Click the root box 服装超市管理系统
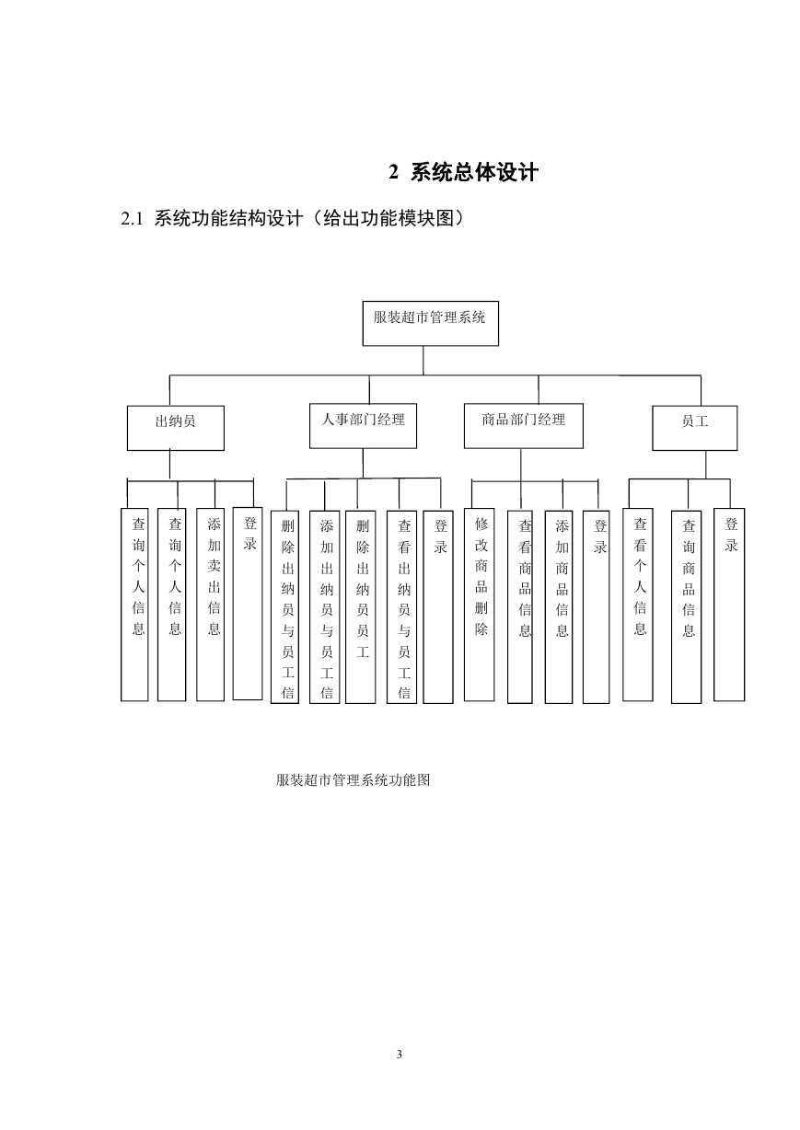point(431,323)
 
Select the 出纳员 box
point(176,428)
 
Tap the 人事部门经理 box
point(363,426)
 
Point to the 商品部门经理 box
point(524,426)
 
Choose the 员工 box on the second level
point(694,428)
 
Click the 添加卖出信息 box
point(211,605)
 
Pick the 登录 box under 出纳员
point(248,604)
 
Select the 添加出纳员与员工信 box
point(324,607)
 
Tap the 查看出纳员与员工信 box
point(401,607)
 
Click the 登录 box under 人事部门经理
point(438,607)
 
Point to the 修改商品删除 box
point(479,605)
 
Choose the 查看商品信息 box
point(520,607)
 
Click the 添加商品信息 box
point(559,607)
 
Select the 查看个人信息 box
point(637,605)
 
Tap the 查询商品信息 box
point(687,607)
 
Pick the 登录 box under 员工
point(729,605)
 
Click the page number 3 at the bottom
point(400,1055)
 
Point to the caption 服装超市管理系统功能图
point(353,780)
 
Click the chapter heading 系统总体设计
point(474,172)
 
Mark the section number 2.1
point(132,219)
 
